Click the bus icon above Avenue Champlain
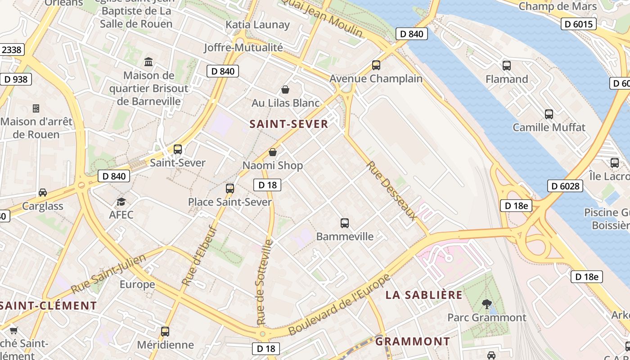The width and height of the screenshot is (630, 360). coord(376,65)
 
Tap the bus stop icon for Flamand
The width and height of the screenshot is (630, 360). coord(507,66)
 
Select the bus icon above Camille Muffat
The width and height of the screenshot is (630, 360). coord(549,114)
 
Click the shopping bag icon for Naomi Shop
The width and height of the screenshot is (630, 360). coord(272,153)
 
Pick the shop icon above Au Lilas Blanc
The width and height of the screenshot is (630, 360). coord(285,90)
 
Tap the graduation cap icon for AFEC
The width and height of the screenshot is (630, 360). coord(121,202)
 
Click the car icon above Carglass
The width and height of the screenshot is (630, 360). coord(43,193)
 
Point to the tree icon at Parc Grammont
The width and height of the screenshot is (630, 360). coord(486,304)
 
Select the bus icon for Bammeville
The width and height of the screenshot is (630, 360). coord(345,223)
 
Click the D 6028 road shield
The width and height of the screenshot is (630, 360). coord(565,186)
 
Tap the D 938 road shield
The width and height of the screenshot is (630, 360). coord(16,80)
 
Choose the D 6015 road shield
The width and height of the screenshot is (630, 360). coord(578,24)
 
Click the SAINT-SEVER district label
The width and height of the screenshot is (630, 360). coord(289,124)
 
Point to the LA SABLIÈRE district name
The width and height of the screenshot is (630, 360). coord(424,295)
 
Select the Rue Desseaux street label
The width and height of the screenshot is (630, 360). coord(391,191)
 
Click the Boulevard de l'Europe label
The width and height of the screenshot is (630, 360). coord(339,306)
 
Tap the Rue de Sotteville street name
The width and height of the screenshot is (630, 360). coord(265,282)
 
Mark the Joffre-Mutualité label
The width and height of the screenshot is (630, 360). coord(243,47)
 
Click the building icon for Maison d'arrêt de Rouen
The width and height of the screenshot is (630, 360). coord(36,108)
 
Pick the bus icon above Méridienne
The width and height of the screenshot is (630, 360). coord(165,332)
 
